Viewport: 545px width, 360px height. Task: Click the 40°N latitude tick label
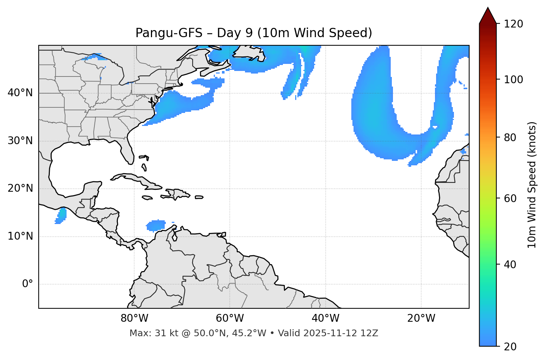pyautogui.click(x=20, y=93)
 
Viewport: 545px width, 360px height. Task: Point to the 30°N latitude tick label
pyautogui.click(x=20, y=141)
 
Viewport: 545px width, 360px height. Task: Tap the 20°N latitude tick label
pyautogui.click(x=20, y=189)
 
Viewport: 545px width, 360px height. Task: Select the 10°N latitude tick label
pyautogui.click(x=20, y=236)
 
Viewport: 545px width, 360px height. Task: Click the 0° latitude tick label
pyautogui.click(x=28, y=284)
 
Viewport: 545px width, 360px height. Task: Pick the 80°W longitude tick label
pyautogui.click(x=134, y=318)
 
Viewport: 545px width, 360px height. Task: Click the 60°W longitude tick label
pyautogui.click(x=230, y=318)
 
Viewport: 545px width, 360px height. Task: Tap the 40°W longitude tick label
pyautogui.click(x=325, y=318)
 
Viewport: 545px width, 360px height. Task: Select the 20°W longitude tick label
pyautogui.click(x=421, y=318)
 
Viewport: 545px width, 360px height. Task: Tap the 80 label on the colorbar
pyautogui.click(x=512, y=138)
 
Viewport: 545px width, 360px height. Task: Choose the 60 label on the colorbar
pyautogui.click(x=512, y=198)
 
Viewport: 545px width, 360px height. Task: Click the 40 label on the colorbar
pyautogui.click(x=512, y=265)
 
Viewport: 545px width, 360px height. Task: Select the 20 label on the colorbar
pyautogui.click(x=512, y=347)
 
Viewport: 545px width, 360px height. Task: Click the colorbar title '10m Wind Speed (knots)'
pyautogui.click(x=532, y=185)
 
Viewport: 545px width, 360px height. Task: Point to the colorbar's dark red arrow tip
pyautogui.click(x=488, y=14)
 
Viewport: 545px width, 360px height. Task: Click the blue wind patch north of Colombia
pyautogui.click(x=156, y=225)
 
